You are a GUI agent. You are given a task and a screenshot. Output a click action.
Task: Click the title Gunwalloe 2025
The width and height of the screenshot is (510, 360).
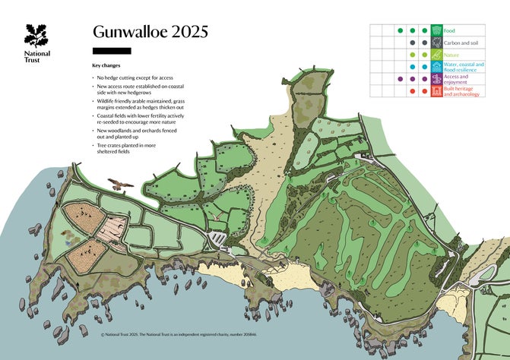(150, 32)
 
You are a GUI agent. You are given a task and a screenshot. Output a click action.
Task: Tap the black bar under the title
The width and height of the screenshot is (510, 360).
(111, 51)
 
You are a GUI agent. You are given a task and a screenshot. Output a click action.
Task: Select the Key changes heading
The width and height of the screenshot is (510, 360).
(106, 66)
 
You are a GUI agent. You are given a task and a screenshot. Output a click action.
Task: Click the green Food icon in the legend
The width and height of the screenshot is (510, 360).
(437, 30)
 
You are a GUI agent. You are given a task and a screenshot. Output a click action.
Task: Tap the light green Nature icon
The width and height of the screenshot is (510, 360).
(437, 55)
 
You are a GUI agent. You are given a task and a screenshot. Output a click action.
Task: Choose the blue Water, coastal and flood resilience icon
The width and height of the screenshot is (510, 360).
(437, 67)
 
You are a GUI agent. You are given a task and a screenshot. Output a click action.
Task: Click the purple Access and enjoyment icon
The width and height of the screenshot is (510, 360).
(437, 79)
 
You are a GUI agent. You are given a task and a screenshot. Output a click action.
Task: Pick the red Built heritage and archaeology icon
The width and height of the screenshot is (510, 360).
(437, 91)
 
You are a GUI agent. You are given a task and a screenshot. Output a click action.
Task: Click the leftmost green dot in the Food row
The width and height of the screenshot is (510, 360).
(401, 30)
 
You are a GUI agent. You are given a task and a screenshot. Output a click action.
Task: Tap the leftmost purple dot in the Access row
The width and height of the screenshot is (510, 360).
(401, 79)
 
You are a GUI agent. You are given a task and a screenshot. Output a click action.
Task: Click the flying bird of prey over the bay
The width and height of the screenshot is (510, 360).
(118, 184)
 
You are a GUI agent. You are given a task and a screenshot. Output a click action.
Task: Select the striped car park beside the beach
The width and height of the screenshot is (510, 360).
(218, 239)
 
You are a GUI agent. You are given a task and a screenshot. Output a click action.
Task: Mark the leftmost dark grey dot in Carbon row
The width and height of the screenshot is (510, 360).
(413, 43)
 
